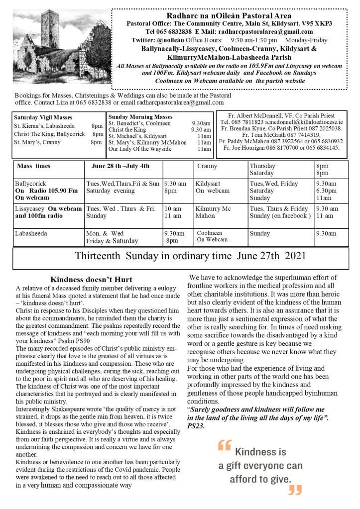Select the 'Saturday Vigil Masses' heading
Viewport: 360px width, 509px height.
43,117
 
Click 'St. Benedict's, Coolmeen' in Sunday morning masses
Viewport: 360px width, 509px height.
139,123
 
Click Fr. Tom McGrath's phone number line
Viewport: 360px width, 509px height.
282,135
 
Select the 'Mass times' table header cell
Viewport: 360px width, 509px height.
33,166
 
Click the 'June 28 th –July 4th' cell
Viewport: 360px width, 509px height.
118,166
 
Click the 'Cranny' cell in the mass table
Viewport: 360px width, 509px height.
207,166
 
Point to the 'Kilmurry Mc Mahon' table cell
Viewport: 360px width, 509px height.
213,212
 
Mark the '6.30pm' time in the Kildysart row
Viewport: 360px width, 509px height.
327,191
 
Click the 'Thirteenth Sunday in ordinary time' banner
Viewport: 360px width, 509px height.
190,257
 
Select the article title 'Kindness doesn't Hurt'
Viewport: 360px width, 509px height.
92,279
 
